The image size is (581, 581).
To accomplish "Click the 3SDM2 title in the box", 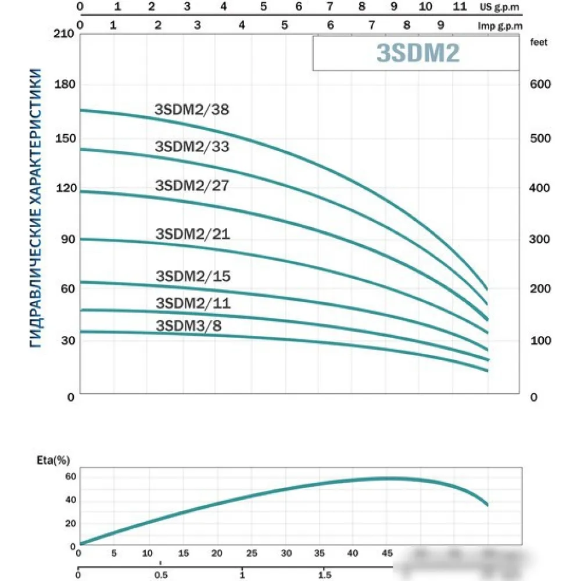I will [418, 53].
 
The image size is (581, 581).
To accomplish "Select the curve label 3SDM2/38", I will [192, 109].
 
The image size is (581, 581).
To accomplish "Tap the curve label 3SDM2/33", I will [192, 146].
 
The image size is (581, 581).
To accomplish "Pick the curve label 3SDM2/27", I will [192, 186].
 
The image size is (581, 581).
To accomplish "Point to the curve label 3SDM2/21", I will [193, 234].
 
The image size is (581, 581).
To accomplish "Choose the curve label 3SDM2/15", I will [193, 276].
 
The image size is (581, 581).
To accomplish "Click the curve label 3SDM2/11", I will [193, 303].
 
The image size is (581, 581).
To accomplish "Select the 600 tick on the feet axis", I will [540, 84].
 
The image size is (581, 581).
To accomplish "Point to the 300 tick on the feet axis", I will [540, 239].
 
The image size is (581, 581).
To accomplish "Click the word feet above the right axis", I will [539, 42].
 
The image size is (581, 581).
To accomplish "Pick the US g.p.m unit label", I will [501, 8].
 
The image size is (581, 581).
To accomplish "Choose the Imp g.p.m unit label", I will [500, 26].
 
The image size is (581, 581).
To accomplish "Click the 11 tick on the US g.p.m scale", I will [459, 7].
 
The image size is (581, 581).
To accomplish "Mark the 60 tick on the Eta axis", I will [71, 476].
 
